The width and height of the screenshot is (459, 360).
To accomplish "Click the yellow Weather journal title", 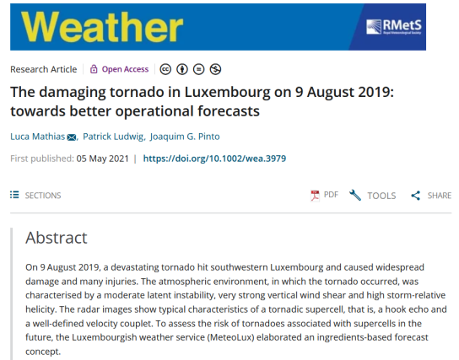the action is coord(102,27).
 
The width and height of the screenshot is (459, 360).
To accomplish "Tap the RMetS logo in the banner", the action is coord(394,27).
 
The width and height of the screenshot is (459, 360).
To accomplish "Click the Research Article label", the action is coord(44,69).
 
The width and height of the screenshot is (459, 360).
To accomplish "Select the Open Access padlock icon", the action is coord(94,69).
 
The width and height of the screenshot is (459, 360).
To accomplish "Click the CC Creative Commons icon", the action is coord(165,69).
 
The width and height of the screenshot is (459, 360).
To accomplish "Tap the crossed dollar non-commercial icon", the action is coord(215,69).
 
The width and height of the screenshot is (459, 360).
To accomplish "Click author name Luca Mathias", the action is coord(37,137).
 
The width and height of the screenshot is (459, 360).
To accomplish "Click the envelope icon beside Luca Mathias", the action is coord(72,137).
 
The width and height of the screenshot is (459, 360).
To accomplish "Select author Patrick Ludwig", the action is coord(113,137).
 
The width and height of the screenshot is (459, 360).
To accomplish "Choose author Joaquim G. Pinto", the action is coord(185,137).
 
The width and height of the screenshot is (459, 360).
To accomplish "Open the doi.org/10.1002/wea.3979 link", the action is coord(214,159).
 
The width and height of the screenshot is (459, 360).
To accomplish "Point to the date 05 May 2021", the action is coord(103,159).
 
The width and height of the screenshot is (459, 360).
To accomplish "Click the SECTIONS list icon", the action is coord(14,195).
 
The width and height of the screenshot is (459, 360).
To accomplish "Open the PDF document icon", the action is coord(315,196).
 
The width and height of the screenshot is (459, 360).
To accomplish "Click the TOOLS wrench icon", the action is coord(355,195).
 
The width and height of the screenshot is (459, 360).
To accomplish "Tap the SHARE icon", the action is coord(416,196).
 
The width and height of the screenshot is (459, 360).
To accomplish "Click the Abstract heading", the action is coord(57,238).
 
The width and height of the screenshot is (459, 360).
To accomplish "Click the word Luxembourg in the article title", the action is coord(228,93).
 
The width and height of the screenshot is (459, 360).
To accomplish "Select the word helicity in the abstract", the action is coord(40,309).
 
